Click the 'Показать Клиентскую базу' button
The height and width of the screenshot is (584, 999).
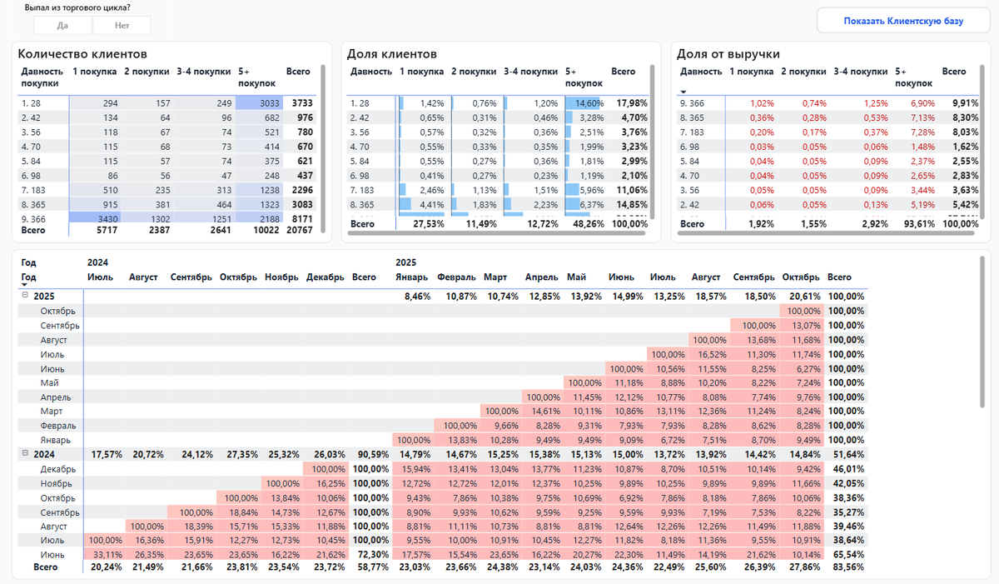[902, 21]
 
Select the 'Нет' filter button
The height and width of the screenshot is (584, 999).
[122, 26]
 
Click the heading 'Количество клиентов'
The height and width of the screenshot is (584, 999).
[82, 54]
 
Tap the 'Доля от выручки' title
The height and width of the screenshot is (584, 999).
[728, 54]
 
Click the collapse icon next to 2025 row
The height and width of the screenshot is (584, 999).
[25, 296]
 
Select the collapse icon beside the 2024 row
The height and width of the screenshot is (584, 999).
[25, 454]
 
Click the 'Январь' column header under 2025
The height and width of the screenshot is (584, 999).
[412, 277]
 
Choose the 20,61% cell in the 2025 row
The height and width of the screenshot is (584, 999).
[804, 297]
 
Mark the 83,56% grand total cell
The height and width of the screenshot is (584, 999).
[847, 567]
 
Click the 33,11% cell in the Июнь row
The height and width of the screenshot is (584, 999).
[103, 553]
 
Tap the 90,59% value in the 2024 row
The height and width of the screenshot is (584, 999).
[365, 455]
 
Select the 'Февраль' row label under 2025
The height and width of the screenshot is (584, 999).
[58, 426]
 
